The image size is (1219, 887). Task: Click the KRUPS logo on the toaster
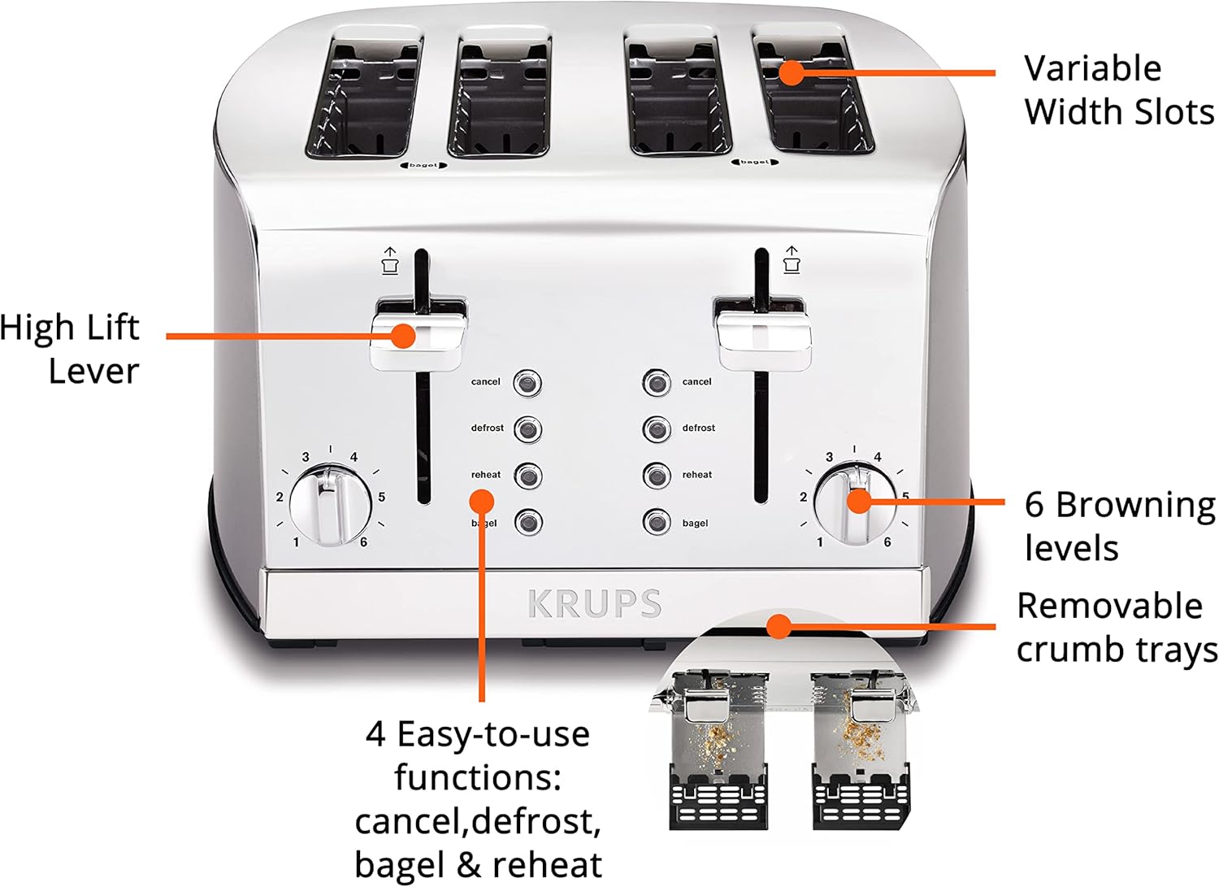pos(595,603)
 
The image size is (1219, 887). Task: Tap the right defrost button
pos(657,429)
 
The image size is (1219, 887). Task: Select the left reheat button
pos(527,476)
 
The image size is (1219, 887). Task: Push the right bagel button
pos(657,522)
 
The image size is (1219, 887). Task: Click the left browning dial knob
pos(331,506)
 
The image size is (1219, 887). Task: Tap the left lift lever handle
pos(419,335)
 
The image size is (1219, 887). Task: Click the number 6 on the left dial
pos(363,541)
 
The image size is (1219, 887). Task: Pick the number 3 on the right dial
pos(829,457)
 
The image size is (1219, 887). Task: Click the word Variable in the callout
pos(1092,68)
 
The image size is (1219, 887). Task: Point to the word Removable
pos(1109,606)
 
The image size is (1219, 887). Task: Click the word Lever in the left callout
pos(93,372)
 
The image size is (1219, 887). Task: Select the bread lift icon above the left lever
pos(389,260)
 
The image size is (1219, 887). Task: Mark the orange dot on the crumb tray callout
pos(779,627)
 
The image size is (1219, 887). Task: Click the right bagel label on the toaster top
pos(755,162)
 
